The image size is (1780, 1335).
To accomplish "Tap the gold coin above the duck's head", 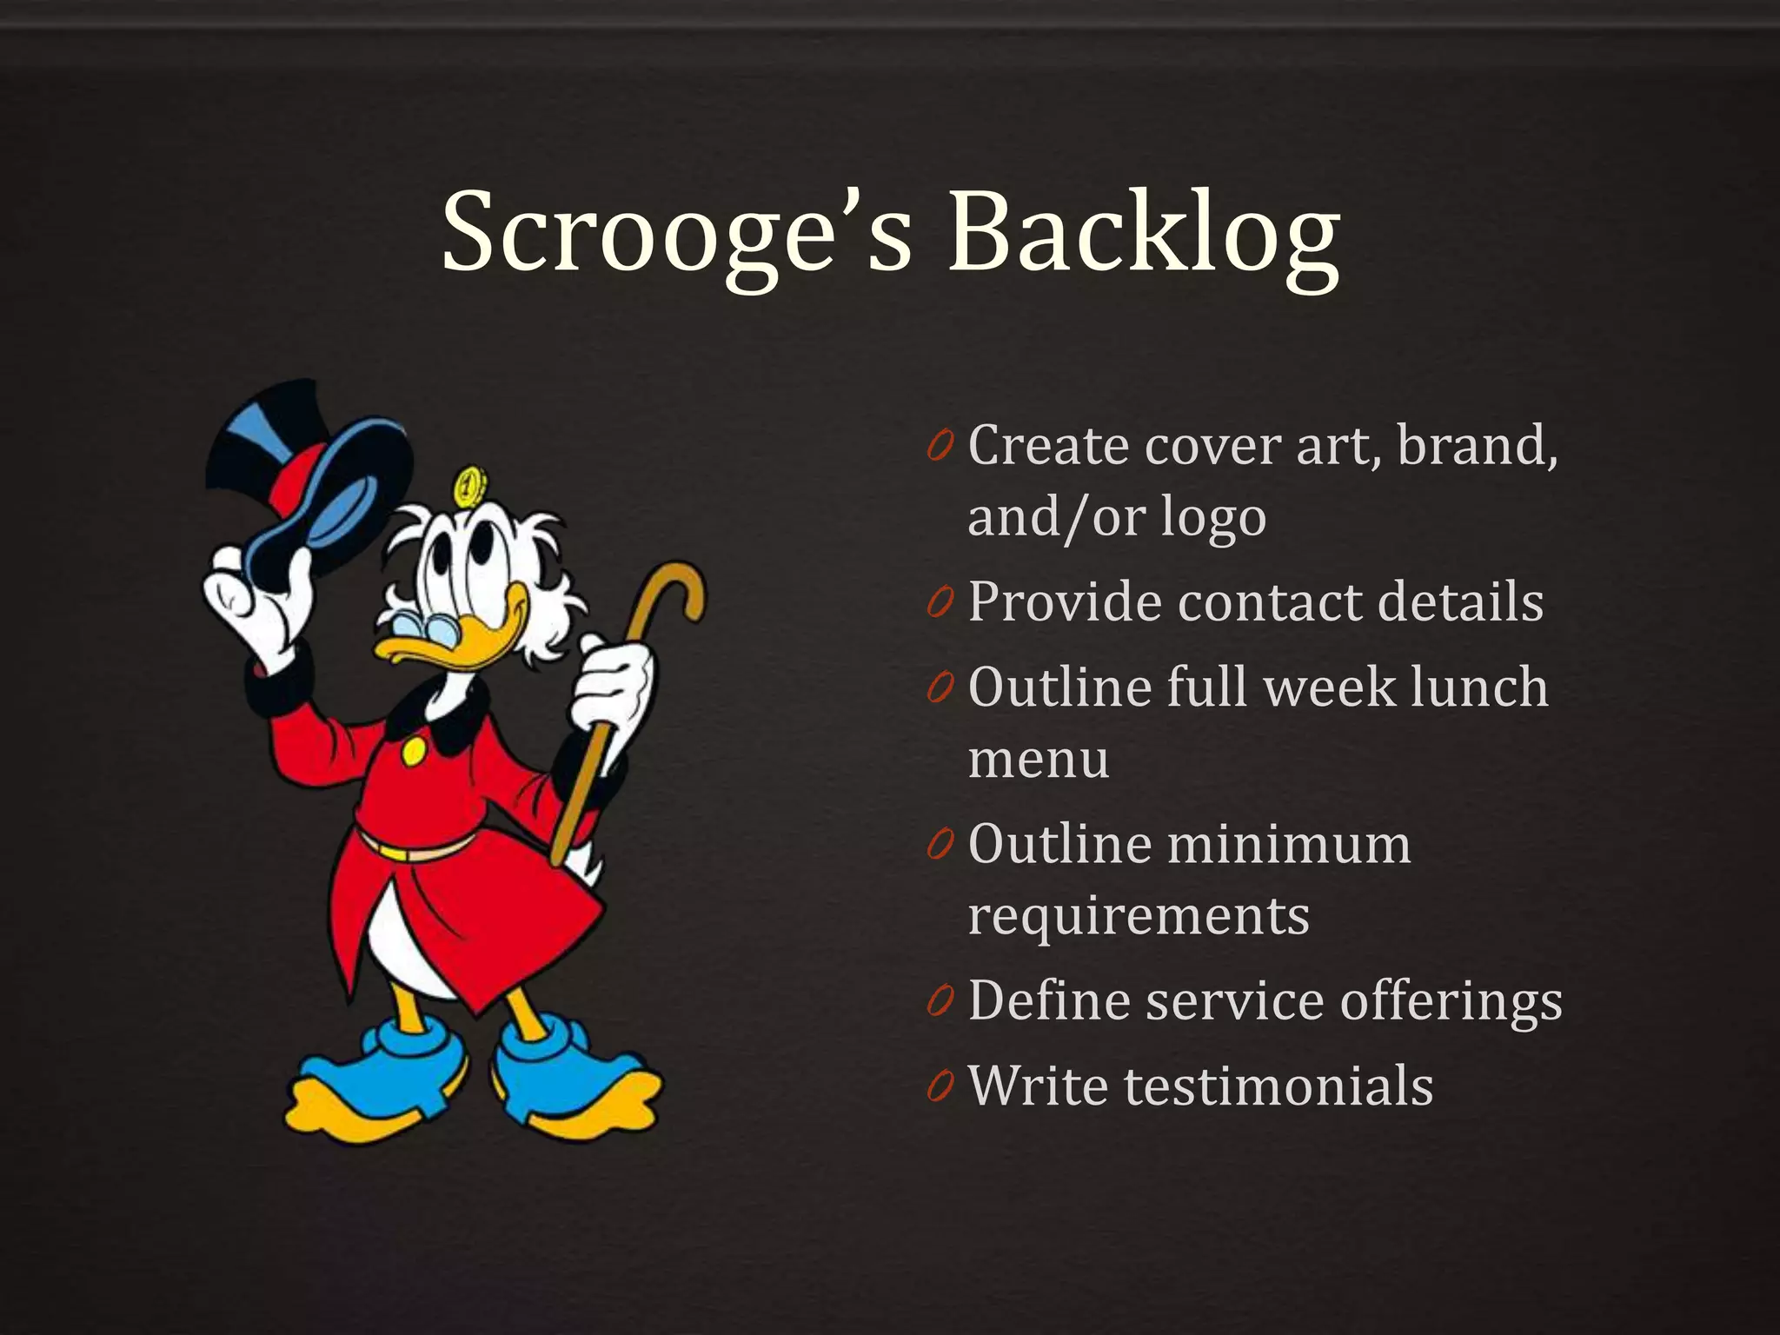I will [468, 487].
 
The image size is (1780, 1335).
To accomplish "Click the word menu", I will [1039, 759].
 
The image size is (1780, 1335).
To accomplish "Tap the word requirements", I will [1139, 915].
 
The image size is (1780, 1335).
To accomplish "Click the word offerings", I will [1451, 1001].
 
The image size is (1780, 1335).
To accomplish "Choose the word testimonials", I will [1279, 1086].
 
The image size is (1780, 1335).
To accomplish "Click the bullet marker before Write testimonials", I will [940, 1086].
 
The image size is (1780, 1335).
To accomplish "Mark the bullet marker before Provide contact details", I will [940, 601].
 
